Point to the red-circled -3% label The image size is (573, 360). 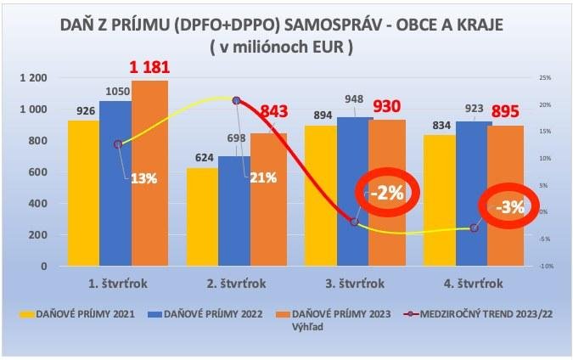509,207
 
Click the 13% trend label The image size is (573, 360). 143,177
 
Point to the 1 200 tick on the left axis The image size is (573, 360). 36,78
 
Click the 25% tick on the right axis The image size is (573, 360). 545,78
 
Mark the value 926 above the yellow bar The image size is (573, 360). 82,111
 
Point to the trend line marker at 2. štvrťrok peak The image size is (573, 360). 236,101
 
